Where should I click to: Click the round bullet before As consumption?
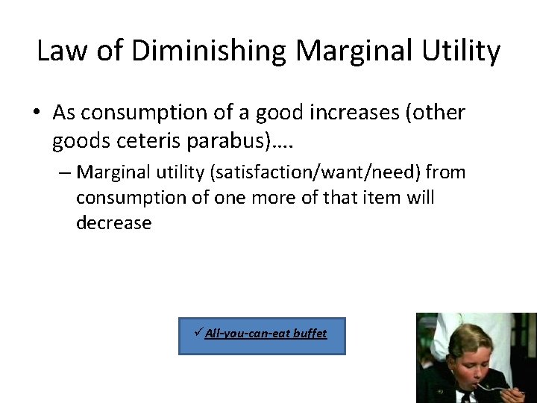point(37,113)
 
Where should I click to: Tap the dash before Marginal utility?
point(64,173)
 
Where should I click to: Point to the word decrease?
point(113,223)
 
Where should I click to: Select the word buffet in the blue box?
point(310,333)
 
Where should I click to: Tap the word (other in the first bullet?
point(435,113)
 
